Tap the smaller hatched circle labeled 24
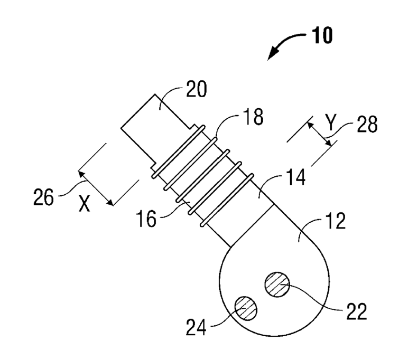(246, 308)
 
